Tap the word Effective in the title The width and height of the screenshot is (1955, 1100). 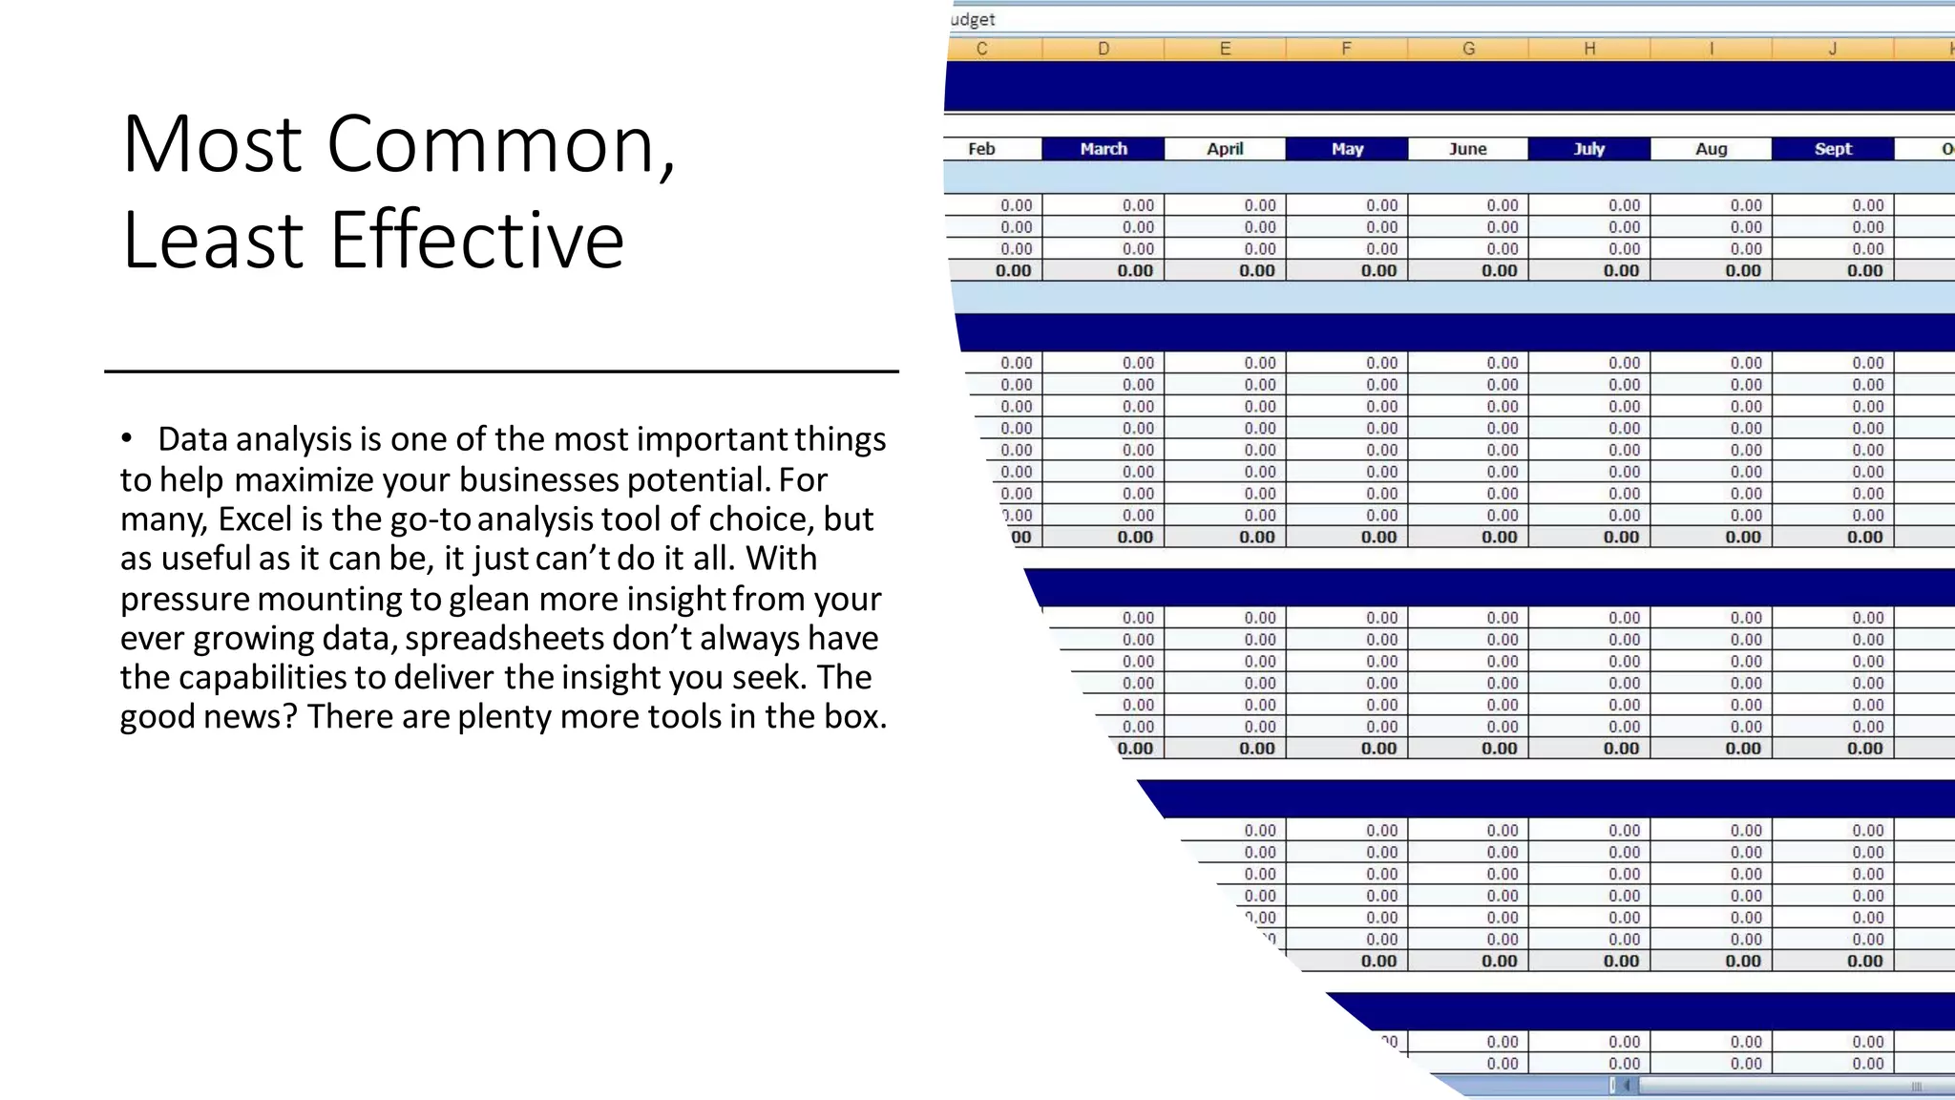coord(477,240)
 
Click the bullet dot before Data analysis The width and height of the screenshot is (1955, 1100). coord(126,439)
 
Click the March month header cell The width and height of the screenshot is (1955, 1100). coord(1104,149)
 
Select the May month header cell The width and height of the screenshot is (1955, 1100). coord(1347,149)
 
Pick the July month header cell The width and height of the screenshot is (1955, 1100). coord(1589,149)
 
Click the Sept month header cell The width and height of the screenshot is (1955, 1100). coord(1833,149)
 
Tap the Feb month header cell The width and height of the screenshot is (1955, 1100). coord(981,149)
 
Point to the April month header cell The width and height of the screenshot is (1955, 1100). coord(1225,149)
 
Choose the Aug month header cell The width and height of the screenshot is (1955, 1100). coord(1712,149)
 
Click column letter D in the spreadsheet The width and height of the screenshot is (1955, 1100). coord(1104,49)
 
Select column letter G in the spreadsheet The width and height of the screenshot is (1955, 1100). coord(1468,49)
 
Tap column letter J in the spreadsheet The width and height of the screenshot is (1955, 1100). coord(1833,49)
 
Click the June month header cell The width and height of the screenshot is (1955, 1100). coord(1468,149)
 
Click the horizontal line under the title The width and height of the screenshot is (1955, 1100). coord(501,370)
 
